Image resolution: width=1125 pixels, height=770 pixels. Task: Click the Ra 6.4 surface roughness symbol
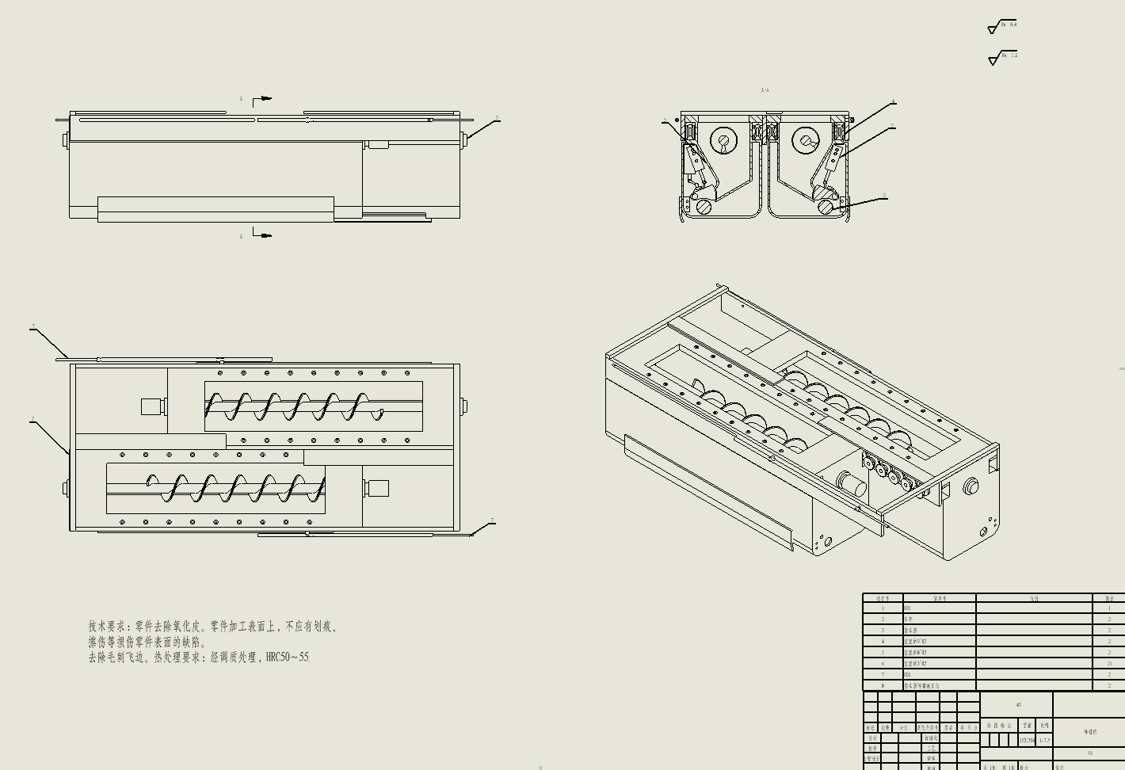1002,27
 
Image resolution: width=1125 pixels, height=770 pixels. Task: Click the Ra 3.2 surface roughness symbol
1003,57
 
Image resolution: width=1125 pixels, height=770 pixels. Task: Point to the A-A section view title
765,91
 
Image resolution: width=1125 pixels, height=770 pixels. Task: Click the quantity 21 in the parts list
1110,664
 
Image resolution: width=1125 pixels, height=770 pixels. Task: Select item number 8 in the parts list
883,686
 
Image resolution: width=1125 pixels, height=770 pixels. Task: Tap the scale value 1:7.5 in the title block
1045,741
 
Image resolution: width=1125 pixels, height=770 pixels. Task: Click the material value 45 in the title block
1019,705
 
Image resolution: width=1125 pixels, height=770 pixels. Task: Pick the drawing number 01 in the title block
1091,754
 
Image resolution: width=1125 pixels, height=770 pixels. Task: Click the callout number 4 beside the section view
894,101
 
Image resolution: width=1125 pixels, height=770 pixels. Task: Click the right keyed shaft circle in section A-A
807,141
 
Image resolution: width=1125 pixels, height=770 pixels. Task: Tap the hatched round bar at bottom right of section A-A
826,207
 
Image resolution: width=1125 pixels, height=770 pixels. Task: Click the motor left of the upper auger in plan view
151,406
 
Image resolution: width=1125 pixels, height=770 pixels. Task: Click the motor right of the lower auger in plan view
376,488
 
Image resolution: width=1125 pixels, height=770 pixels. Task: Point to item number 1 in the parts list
883,608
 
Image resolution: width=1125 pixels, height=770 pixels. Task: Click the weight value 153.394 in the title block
1027,741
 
